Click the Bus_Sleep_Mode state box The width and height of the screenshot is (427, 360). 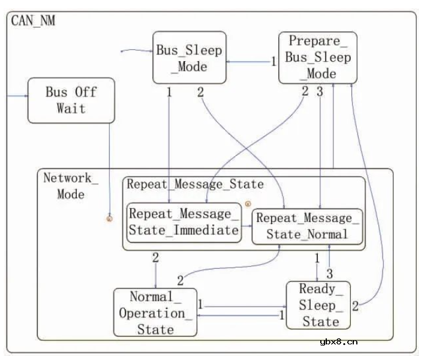tap(190, 58)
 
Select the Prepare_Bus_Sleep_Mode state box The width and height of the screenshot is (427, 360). tap(318, 58)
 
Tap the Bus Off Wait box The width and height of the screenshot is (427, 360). tap(71, 100)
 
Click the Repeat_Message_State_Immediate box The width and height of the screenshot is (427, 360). tap(184, 223)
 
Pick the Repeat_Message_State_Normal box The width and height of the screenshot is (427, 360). tap(308, 226)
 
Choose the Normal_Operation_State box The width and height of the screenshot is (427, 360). tap(155, 313)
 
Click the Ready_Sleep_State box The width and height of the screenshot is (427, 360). tap(317, 305)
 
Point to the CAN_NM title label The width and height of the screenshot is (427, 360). tap(34, 20)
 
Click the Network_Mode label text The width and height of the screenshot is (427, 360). tap(68, 186)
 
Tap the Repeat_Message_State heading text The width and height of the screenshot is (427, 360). tap(195, 185)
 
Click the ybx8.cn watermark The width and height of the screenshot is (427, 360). tap(339, 341)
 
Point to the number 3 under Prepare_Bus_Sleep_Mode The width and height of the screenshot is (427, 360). tap(320, 92)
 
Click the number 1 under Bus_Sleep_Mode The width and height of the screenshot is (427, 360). tap(169, 92)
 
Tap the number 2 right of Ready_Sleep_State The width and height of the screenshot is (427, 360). tap(355, 306)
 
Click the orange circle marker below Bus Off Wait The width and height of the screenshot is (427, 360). tap(110, 218)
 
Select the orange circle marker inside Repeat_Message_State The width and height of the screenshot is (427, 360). tap(248, 204)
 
